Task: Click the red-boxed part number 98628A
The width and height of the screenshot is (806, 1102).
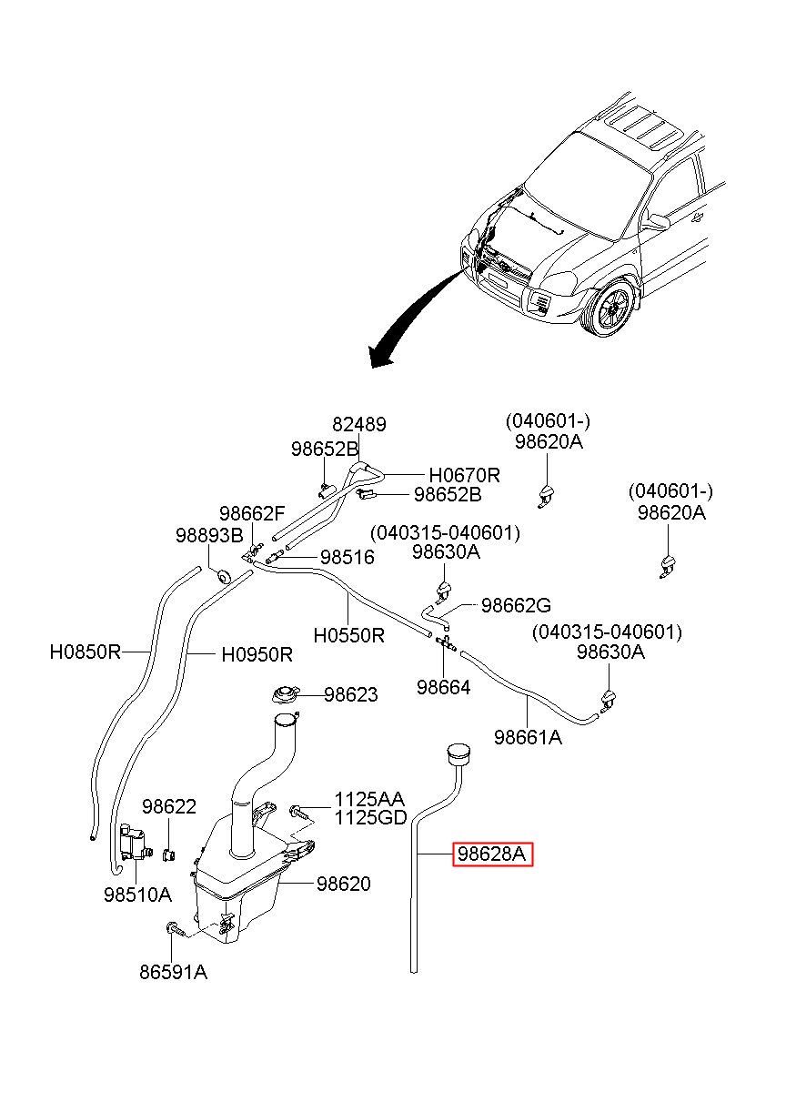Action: point(492,854)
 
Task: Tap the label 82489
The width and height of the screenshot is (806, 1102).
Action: point(359,424)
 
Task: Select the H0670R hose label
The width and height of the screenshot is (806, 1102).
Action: point(464,475)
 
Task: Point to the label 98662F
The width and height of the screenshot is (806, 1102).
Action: point(252,513)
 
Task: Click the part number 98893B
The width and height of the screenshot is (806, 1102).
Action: point(209,535)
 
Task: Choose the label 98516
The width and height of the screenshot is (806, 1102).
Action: point(348,558)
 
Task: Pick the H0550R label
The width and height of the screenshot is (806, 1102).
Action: point(348,635)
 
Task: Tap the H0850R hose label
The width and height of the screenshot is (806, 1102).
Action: point(86,652)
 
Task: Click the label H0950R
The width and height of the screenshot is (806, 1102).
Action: point(257,655)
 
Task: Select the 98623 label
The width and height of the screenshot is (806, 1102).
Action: point(350,694)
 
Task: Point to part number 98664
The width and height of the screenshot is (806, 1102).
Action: point(444,687)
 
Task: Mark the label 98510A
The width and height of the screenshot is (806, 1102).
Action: point(137,895)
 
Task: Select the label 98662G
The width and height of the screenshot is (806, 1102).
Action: point(516,605)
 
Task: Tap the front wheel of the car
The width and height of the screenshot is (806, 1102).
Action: point(610,308)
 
